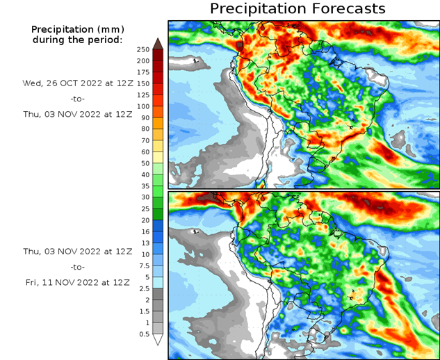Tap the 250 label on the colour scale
143,49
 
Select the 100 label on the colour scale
143,106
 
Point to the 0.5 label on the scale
143,334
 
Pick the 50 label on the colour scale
143,163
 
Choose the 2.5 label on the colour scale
143,288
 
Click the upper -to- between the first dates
77,99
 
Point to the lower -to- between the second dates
77,267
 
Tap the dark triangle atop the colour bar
158,44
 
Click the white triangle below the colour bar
158,340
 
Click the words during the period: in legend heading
77,40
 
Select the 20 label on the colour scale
143,220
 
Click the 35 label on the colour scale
143,186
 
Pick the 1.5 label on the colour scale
143,311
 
